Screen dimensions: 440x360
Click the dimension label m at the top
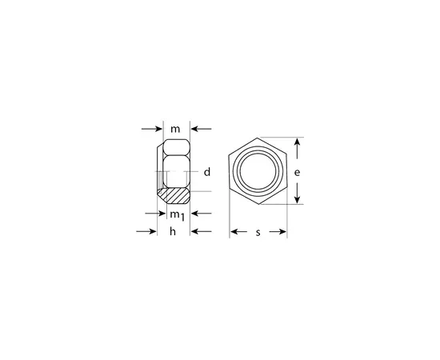(x=175, y=130)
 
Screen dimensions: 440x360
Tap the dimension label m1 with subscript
(x=178, y=215)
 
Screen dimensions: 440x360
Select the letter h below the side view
(x=173, y=231)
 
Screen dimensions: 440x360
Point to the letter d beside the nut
(x=207, y=172)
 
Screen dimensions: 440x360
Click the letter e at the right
(x=297, y=172)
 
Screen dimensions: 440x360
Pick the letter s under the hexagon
(x=258, y=232)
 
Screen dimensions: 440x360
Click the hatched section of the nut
(x=174, y=195)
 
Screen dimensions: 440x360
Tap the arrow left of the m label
(x=152, y=129)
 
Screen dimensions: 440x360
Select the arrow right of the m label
(x=201, y=129)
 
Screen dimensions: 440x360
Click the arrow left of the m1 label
(x=156, y=214)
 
